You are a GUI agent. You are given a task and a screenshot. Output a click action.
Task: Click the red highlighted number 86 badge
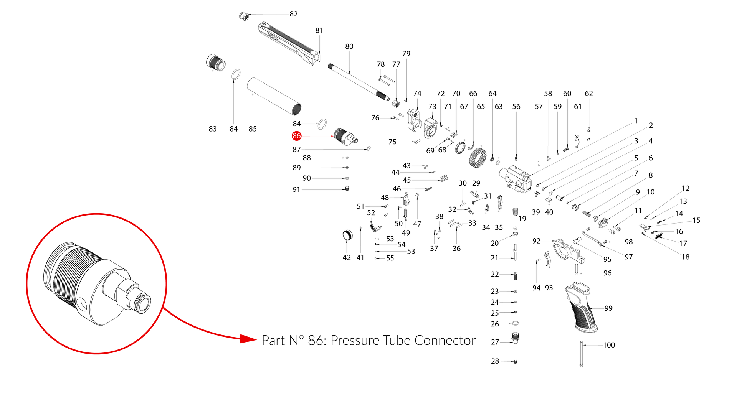[x=296, y=136]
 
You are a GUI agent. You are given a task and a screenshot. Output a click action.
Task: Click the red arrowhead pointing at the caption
[x=248, y=339]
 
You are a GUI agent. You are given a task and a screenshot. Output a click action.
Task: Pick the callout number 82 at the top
[x=294, y=14]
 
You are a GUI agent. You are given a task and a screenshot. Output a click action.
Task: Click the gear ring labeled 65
[x=478, y=158]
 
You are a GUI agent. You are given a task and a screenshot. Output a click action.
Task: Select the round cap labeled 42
[x=347, y=235]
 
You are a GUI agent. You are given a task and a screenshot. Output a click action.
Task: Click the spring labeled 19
[x=516, y=211]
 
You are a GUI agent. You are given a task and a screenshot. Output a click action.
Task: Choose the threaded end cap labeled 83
[x=215, y=63]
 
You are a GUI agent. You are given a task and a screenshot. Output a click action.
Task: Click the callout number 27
[x=495, y=342]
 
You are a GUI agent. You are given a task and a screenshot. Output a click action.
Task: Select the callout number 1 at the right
[x=636, y=121]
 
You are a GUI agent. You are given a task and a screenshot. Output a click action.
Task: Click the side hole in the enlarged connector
[x=82, y=303]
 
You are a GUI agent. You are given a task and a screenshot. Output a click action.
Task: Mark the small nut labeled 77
[x=396, y=104]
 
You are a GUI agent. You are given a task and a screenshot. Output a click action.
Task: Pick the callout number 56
[x=516, y=107]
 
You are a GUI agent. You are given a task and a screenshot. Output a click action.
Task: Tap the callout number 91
[x=296, y=189]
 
